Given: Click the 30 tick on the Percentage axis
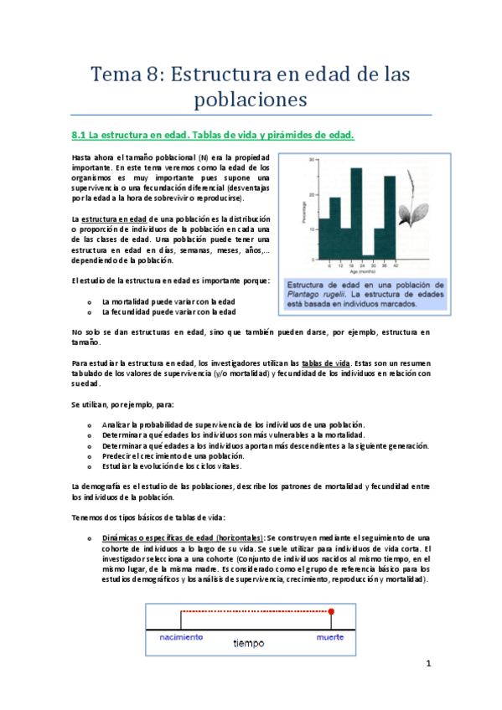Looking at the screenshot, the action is [x=311, y=159].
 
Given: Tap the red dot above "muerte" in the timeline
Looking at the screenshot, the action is [x=331, y=588].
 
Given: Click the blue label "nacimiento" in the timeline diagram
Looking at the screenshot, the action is [x=181, y=636].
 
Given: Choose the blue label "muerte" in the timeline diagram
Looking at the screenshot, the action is [x=329, y=636].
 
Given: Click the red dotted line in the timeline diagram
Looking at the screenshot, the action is [x=256, y=588].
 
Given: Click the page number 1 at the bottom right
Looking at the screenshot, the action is [x=427, y=665].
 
